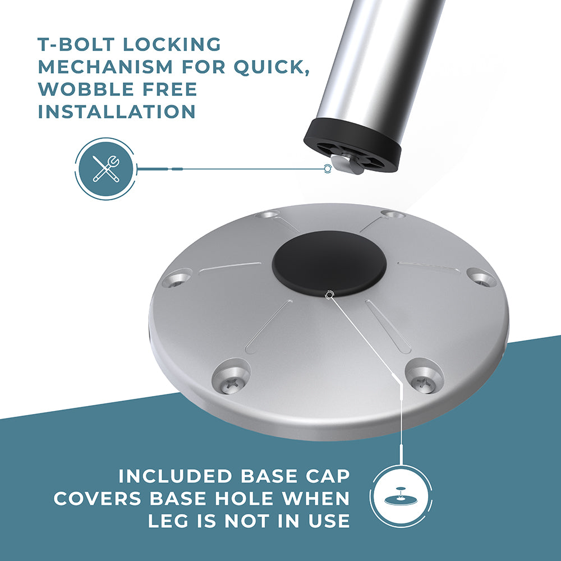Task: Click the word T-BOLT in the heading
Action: [76, 44]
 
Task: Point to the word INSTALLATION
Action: [117, 112]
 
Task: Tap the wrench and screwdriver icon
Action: [105, 168]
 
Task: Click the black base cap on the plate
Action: [329, 263]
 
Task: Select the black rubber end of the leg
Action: [352, 145]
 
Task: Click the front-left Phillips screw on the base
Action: [231, 384]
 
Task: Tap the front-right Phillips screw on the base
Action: [424, 384]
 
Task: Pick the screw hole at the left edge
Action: [177, 279]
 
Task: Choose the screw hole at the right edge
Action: [481, 277]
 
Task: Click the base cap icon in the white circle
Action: [401, 497]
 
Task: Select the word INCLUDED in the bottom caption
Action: [175, 476]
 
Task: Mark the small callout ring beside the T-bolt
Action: [327, 168]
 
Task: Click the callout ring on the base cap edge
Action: [329, 295]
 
